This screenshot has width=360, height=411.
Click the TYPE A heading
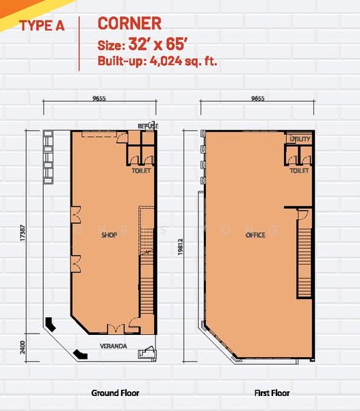pyautogui.click(x=42, y=26)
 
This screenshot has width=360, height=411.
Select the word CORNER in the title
pyautogui.click(x=129, y=23)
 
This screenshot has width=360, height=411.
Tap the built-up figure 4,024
pyautogui.click(x=166, y=61)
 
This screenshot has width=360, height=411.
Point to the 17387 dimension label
pyautogui.click(x=23, y=233)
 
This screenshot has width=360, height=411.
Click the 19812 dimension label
pyautogui.click(x=180, y=247)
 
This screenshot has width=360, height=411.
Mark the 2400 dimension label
pyautogui.click(x=23, y=347)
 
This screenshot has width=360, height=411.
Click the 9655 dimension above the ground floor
pyautogui.click(x=99, y=98)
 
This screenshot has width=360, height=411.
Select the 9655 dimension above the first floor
pyautogui.click(x=258, y=98)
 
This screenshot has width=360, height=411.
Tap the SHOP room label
pyautogui.click(x=110, y=235)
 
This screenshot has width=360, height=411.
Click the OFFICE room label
pyautogui.click(x=255, y=235)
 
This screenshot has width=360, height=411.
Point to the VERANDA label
pyautogui.click(x=114, y=346)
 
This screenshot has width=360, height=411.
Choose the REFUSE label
pyautogui.click(x=149, y=126)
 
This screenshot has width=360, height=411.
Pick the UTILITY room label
pyautogui.click(x=300, y=139)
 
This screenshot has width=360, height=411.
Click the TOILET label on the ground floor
pyautogui.click(x=142, y=171)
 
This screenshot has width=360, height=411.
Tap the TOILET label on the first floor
pyautogui.click(x=299, y=171)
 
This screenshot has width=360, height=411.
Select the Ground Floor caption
pyautogui.click(x=115, y=393)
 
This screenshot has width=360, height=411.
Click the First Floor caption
pyautogui.click(x=272, y=393)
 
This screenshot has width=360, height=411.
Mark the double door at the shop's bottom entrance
pyautogui.click(x=116, y=329)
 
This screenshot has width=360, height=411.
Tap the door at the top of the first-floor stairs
pyautogui.click(x=303, y=214)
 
